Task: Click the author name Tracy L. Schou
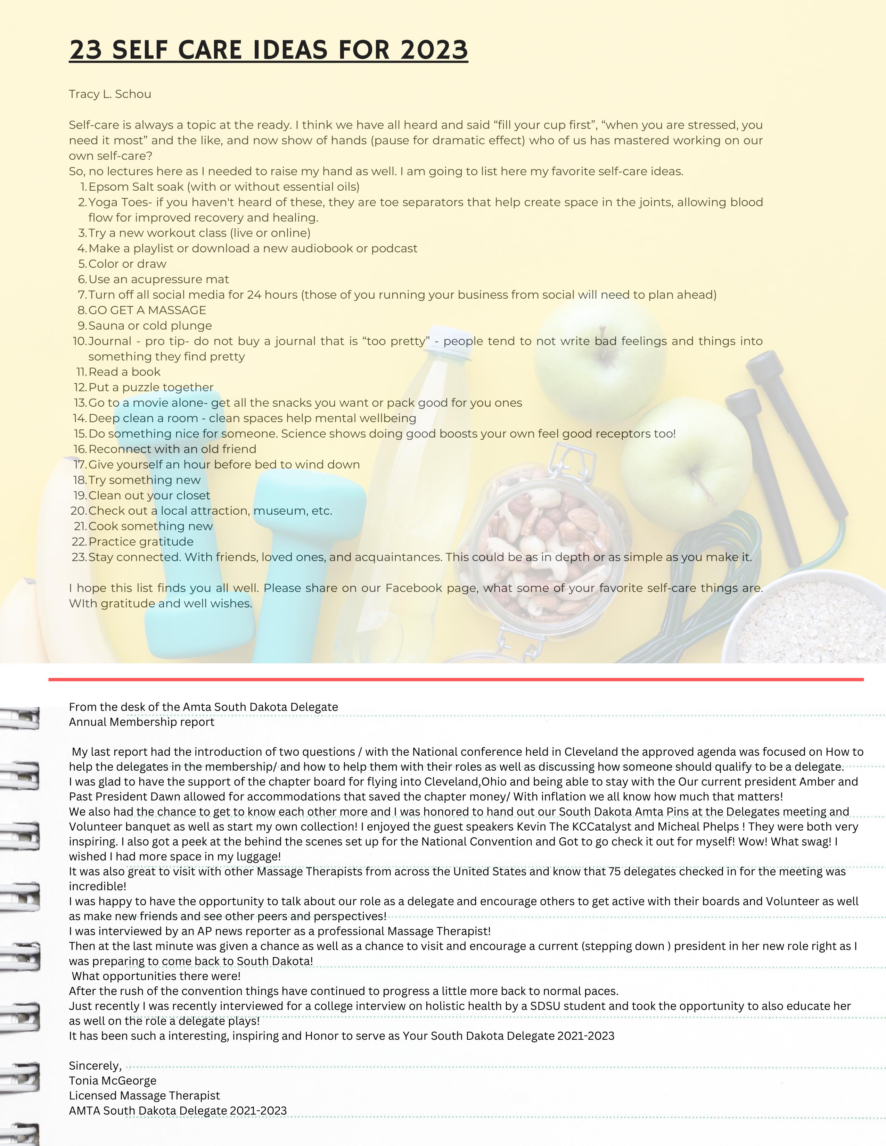click(x=110, y=94)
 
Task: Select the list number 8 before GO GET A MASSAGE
click(x=82, y=310)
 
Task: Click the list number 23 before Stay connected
click(x=79, y=557)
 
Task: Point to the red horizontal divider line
click(x=456, y=680)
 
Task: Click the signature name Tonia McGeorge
click(x=112, y=1081)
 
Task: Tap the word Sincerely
click(x=95, y=1066)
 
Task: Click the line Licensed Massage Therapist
click(x=144, y=1096)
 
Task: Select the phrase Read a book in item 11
click(x=124, y=372)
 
